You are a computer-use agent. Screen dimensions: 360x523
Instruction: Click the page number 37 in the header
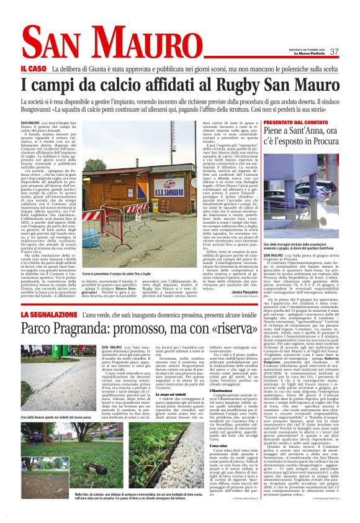(x=333, y=52)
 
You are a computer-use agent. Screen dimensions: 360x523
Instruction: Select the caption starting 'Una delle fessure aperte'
(x=56, y=418)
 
